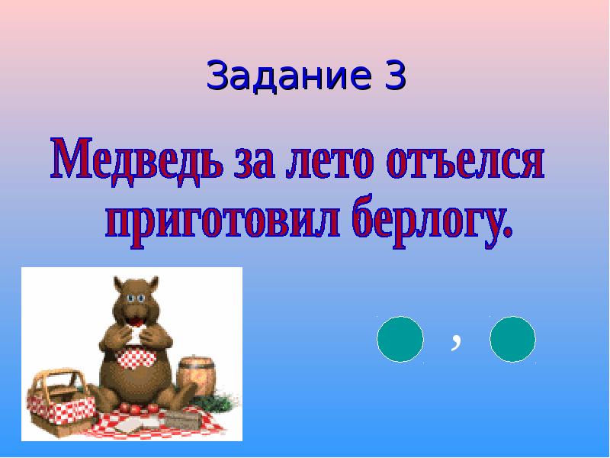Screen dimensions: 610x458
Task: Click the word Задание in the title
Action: (289, 76)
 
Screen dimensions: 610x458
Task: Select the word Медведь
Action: (137, 160)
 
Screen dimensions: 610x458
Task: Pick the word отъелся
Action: (465, 163)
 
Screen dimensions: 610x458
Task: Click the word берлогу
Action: (428, 222)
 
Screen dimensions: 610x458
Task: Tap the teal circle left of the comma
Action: (400, 339)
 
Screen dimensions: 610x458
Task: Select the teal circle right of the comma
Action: (512, 339)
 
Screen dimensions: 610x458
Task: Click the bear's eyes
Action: (136, 298)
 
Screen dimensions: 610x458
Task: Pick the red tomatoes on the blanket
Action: (140, 408)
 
